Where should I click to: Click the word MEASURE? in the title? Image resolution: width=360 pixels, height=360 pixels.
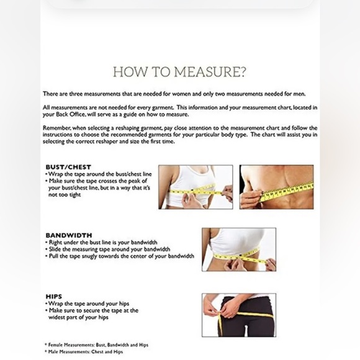(x=210, y=72)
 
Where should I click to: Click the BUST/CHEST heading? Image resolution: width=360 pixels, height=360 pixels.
(x=68, y=167)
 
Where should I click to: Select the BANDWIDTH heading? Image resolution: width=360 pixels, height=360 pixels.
(x=69, y=235)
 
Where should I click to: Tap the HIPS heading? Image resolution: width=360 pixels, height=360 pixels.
(x=54, y=297)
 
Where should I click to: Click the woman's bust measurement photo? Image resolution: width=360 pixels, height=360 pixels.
(x=196, y=187)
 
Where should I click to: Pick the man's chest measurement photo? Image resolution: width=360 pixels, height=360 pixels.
(x=276, y=187)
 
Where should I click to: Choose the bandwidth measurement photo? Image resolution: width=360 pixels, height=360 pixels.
(x=239, y=250)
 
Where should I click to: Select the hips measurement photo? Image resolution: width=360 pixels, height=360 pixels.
(x=239, y=315)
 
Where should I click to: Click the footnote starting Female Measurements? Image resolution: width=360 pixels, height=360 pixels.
(x=97, y=345)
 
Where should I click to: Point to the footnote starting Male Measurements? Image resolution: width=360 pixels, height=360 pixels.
(x=84, y=352)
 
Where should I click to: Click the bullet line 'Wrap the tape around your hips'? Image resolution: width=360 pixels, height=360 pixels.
(x=88, y=304)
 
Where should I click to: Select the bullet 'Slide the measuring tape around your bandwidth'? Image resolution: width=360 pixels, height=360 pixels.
(x=108, y=250)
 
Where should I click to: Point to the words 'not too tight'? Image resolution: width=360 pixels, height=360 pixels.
(x=65, y=195)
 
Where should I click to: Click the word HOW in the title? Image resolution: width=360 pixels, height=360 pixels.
(x=130, y=72)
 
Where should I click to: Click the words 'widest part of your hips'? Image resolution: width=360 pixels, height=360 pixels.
(x=78, y=318)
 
